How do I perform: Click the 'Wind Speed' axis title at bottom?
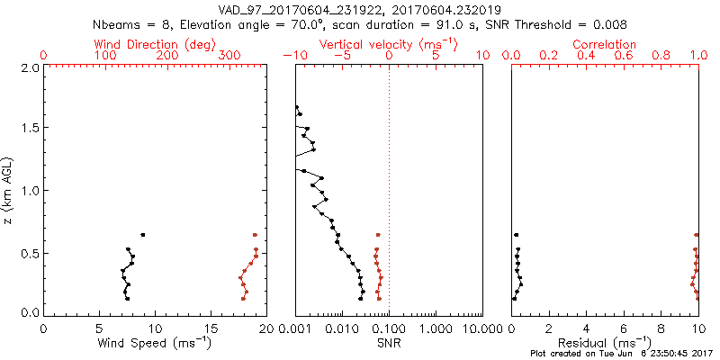155,343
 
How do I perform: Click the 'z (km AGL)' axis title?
9,190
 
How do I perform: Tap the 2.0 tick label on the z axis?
29,67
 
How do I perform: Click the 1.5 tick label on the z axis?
29,129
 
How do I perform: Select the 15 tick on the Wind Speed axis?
211,328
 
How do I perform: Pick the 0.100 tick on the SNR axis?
389,328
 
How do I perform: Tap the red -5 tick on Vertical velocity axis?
340,56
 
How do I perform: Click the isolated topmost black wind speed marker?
142,235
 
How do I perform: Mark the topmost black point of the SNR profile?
297,107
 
